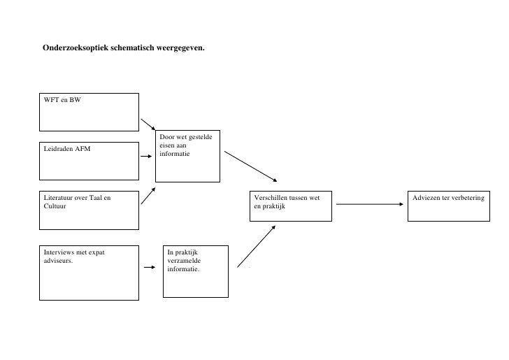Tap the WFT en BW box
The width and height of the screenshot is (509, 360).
coord(89,112)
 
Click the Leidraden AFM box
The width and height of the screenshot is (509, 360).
coord(89,156)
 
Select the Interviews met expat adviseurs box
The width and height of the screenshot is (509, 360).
coord(89,272)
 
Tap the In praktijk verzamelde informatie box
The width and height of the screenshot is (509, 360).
coord(195,269)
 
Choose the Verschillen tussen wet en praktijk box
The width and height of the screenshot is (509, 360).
coord(290,206)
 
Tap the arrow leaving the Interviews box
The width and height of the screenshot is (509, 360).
coord(150,266)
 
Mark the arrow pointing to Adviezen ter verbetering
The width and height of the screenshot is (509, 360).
coord(370,204)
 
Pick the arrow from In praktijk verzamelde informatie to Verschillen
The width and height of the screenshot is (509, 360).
coord(256,245)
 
